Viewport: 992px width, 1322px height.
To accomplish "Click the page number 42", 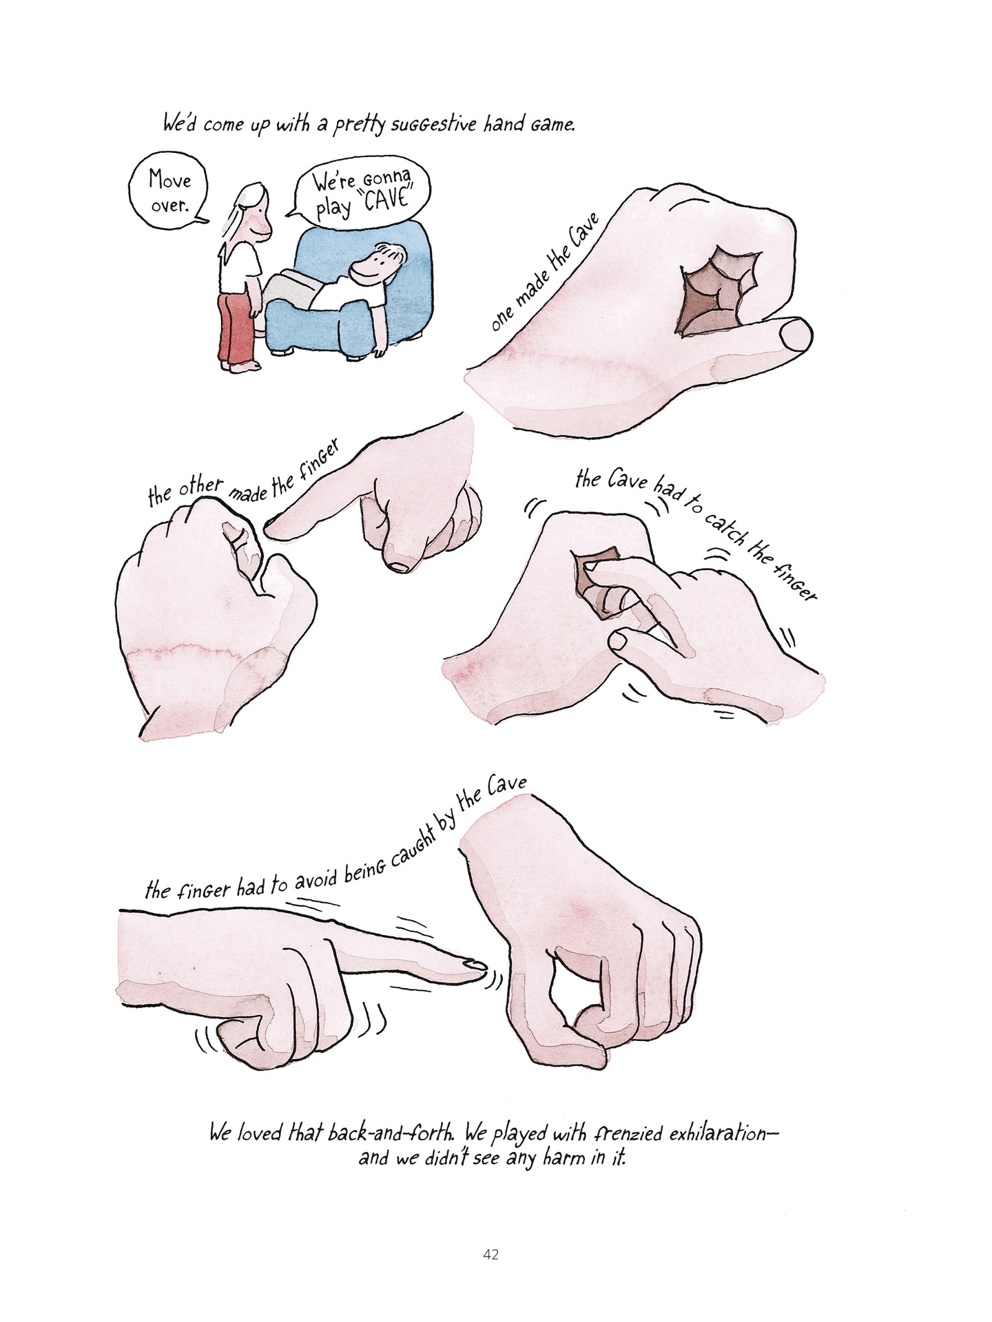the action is pos(491,1255).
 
